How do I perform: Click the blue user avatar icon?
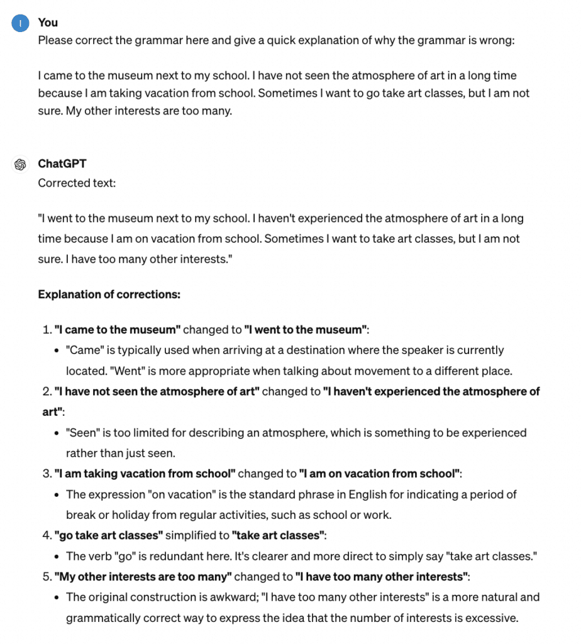tap(21, 23)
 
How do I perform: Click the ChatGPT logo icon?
tap(21, 165)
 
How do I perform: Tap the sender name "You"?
tap(48, 23)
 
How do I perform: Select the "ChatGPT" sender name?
tap(62, 164)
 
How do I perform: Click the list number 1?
tap(46, 330)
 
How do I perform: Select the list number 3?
tap(46, 474)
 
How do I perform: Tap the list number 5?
tap(46, 576)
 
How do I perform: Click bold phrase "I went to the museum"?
tap(306, 330)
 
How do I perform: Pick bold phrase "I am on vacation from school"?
tap(380, 474)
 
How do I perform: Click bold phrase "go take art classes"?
tap(109, 535)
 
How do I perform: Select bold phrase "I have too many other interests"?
tap(383, 576)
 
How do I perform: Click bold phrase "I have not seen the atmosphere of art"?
tap(157, 391)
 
